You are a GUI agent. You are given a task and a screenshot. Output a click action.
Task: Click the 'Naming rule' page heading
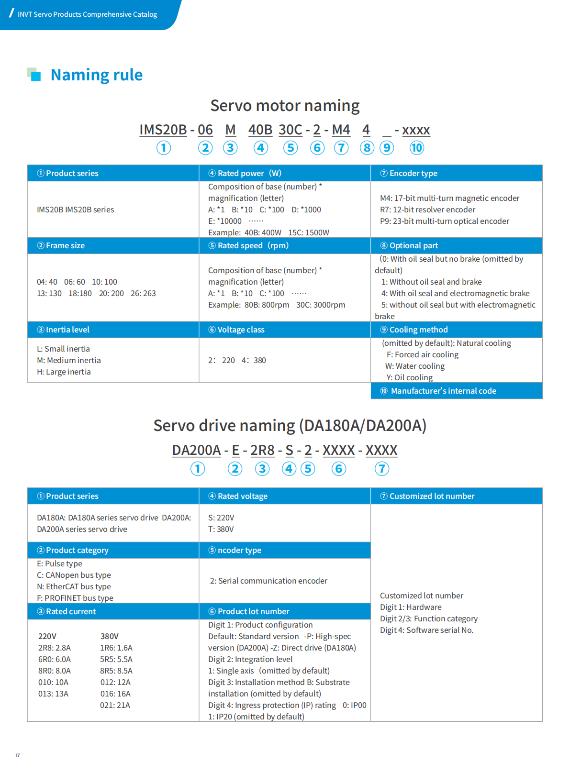pyautogui.click(x=96, y=75)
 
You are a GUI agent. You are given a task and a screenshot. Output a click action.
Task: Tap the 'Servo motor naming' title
pyautogui.click(x=285, y=106)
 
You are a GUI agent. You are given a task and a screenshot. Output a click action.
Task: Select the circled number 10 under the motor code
pyautogui.click(x=416, y=148)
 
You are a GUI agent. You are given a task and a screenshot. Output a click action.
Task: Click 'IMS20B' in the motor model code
pyautogui.click(x=163, y=130)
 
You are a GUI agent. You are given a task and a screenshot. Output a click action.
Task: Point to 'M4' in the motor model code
pyautogui.click(x=341, y=130)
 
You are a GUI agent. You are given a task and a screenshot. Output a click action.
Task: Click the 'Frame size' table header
pyautogui.click(x=65, y=246)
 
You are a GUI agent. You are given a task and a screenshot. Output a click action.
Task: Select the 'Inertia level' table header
pyautogui.click(x=67, y=330)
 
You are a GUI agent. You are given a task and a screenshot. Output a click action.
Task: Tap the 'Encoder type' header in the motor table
pyautogui.click(x=413, y=174)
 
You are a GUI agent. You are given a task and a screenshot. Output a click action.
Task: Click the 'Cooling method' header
pyautogui.click(x=418, y=330)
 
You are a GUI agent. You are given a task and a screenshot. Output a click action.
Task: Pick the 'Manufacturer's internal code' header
pyautogui.click(x=443, y=391)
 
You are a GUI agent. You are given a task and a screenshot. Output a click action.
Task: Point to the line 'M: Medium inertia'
pyautogui.click(x=69, y=361)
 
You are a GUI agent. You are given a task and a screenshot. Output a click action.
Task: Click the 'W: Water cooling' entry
pyautogui.click(x=415, y=366)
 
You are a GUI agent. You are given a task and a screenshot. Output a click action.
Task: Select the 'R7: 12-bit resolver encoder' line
pyautogui.click(x=427, y=210)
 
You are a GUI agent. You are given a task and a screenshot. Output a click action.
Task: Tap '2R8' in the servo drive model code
pyautogui.click(x=262, y=451)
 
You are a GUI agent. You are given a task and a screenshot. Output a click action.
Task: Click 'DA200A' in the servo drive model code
pyautogui.click(x=196, y=451)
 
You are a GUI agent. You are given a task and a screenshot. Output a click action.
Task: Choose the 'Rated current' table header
pyautogui.click(x=71, y=612)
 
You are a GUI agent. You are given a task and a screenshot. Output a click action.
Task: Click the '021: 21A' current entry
pyautogui.click(x=115, y=706)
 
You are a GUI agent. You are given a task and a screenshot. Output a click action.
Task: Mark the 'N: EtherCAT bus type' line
pyautogui.click(x=74, y=587)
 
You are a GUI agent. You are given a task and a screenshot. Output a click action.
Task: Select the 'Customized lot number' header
pyautogui.click(x=432, y=497)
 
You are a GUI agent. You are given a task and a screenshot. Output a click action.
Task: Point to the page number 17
pyautogui.click(x=17, y=756)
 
